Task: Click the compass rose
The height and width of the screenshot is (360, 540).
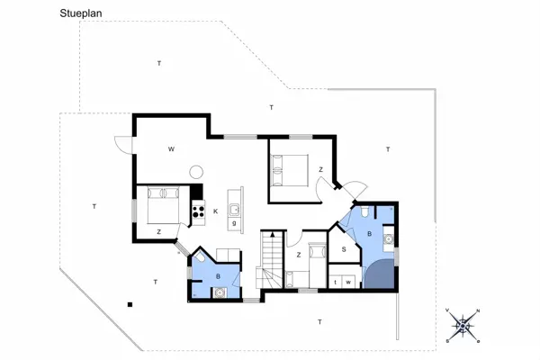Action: [462, 326]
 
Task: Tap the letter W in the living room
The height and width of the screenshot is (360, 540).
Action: [169, 149]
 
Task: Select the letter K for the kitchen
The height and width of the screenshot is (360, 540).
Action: [217, 211]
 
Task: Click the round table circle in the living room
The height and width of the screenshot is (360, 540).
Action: [195, 169]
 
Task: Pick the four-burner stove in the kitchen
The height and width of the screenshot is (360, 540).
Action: [197, 211]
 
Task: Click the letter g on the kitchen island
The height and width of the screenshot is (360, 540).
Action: [234, 222]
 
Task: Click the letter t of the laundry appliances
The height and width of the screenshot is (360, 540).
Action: [336, 283]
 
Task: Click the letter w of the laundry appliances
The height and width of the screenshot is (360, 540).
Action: [347, 283]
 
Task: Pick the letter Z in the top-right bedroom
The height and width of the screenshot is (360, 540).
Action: [320, 168]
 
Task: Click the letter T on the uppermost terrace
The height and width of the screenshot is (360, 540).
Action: [158, 63]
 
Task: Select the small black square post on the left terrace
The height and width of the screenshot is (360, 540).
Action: [131, 302]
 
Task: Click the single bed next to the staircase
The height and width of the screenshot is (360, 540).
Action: [315, 258]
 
